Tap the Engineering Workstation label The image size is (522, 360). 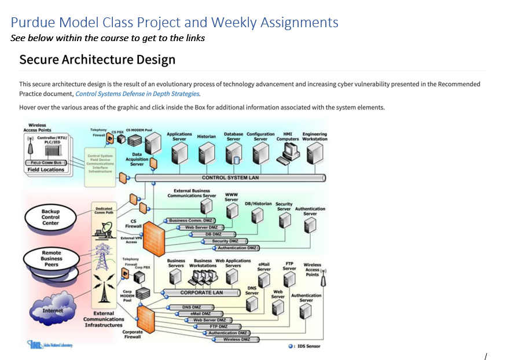[315, 137]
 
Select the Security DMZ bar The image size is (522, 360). [225, 241]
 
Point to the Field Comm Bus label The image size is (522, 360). [45, 163]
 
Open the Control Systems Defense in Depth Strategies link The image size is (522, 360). [137, 94]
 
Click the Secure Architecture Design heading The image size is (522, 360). [97, 60]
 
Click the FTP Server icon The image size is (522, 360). [290, 280]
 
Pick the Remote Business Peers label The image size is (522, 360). [52, 259]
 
